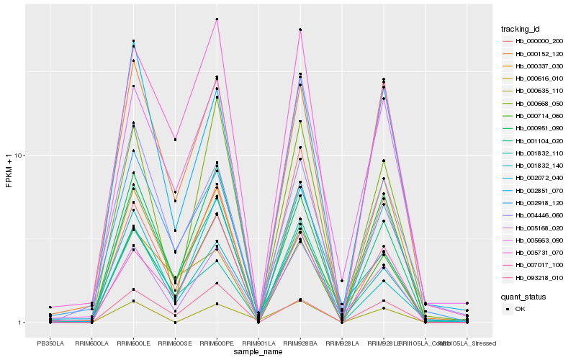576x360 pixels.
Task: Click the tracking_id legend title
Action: (521, 29)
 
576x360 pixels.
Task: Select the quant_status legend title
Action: (523, 296)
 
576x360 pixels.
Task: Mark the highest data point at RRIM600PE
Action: (217, 19)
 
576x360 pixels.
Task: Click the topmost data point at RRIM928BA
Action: (300, 30)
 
